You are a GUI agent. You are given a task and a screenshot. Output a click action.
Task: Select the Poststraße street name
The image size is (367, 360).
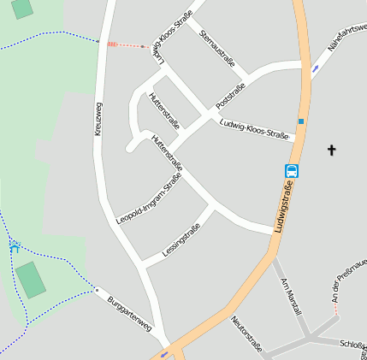[x=231, y=95]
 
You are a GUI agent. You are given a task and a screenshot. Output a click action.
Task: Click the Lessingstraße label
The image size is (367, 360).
[x=181, y=239]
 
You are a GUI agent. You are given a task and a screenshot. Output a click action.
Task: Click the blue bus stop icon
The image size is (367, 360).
[x=292, y=171]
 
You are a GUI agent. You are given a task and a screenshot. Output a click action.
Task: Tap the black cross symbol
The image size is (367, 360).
[x=332, y=150]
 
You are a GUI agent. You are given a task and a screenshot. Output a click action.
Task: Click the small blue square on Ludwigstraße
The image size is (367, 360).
[x=301, y=121]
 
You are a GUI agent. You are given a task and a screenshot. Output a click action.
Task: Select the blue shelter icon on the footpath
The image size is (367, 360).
[x=15, y=247]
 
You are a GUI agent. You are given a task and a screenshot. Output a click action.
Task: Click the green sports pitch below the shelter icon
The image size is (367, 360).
[x=32, y=280]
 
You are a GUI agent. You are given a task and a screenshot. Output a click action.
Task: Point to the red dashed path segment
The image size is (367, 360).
[x=127, y=45]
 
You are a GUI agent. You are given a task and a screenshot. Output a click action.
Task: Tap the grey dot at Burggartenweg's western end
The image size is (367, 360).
[x=98, y=290]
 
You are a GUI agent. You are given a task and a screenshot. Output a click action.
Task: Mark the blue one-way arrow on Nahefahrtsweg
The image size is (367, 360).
[x=317, y=68]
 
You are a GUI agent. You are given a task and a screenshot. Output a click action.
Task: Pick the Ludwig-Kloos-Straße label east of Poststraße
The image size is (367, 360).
[x=256, y=129]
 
